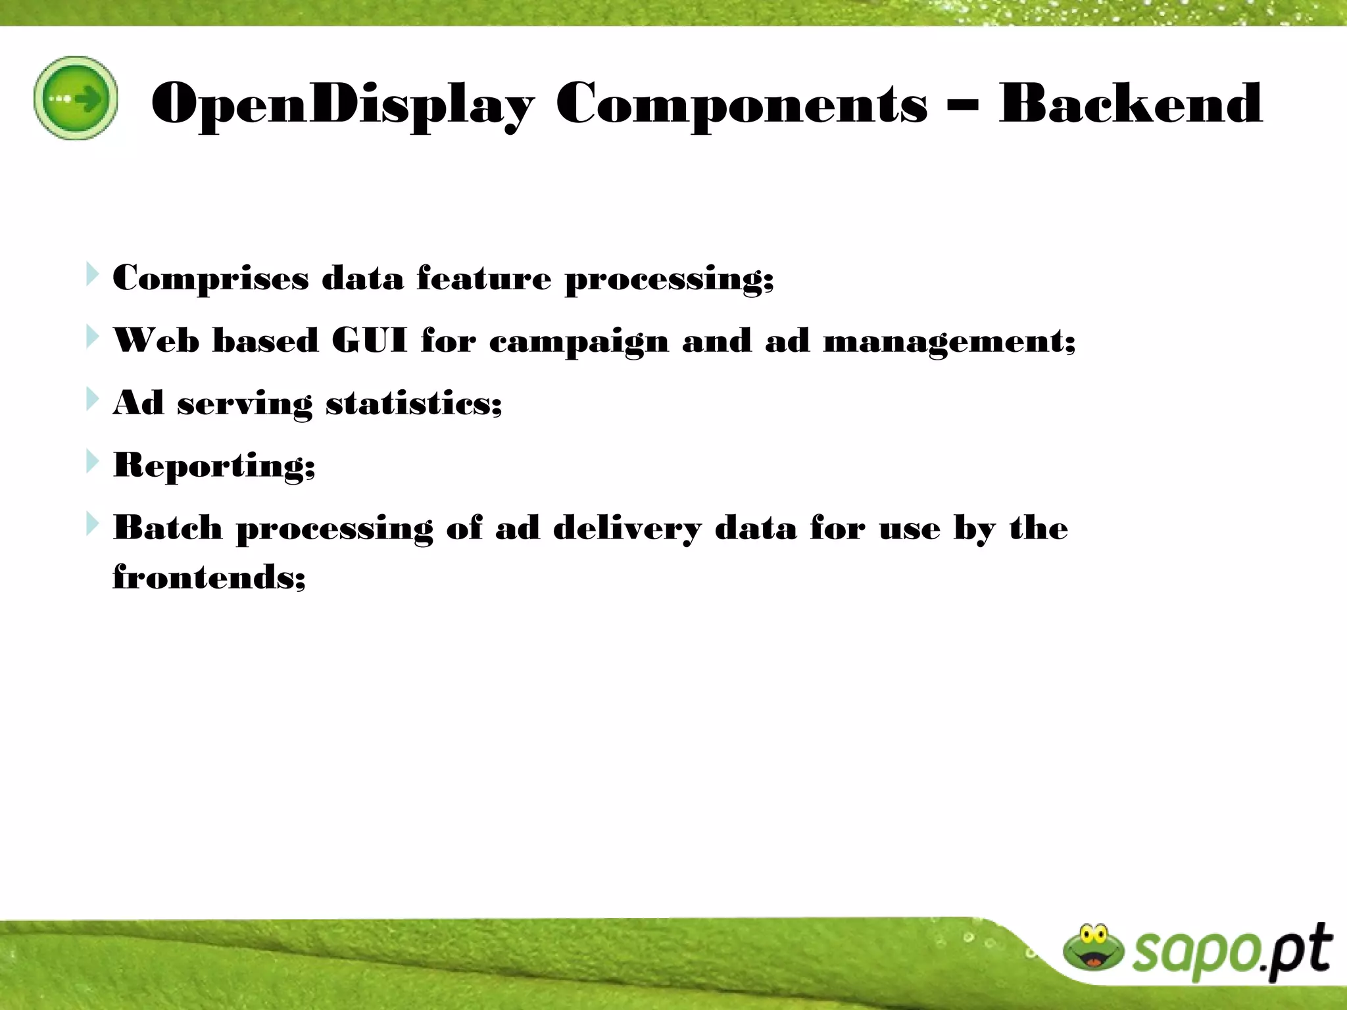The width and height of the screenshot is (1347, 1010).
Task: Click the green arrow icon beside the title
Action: pos(76,98)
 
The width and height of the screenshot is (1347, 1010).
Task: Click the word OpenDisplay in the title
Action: pos(342,104)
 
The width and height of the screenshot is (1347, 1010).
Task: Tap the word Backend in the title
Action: pos(1130,103)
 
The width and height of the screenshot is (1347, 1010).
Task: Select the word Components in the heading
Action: pos(741,104)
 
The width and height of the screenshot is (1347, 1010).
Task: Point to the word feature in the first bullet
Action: pos(483,277)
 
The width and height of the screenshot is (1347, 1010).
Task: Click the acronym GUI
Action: pos(369,341)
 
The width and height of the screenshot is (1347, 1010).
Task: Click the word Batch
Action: pos(168,528)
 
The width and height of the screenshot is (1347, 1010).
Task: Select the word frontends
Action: pos(208,577)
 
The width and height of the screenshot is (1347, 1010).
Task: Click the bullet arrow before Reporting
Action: pos(93,462)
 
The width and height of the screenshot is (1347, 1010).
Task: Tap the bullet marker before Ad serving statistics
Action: pos(93,399)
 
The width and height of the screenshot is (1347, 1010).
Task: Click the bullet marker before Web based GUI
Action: pos(93,337)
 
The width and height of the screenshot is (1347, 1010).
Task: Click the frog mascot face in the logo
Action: pos(1093,948)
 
